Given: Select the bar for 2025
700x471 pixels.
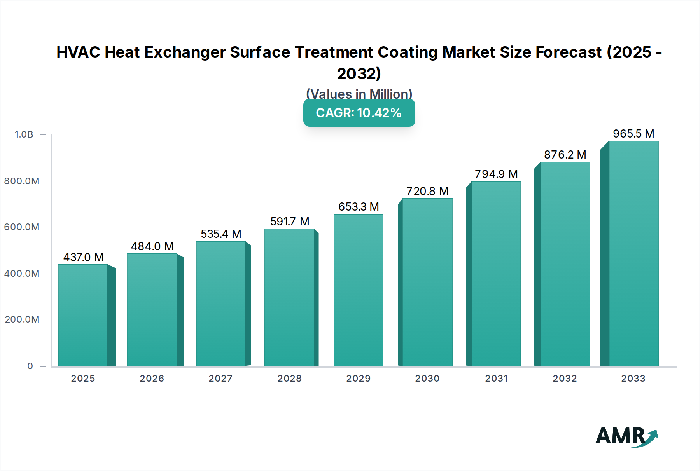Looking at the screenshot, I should pyautogui.click(x=83, y=315).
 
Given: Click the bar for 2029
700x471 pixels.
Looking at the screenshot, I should pyautogui.click(x=358, y=290).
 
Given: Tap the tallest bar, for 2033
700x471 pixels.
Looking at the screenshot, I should pyautogui.click(x=633, y=253).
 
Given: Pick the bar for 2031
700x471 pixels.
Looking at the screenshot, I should pyautogui.click(x=496, y=274).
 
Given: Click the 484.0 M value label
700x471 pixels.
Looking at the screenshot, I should pyautogui.click(x=152, y=246).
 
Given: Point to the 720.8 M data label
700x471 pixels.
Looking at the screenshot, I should pyautogui.click(x=427, y=191).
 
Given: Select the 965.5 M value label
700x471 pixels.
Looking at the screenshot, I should pyautogui.click(x=633, y=134).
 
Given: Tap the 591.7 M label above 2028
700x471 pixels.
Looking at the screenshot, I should pyautogui.click(x=290, y=222).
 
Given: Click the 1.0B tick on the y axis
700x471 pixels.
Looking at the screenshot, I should pyautogui.click(x=24, y=134).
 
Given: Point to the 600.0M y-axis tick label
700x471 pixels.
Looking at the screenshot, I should pyautogui.click(x=22, y=227).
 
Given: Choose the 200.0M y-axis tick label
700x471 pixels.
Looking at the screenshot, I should pyautogui.click(x=22, y=319).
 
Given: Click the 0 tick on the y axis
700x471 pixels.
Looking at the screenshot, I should pyautogui.click(x=30, y=366).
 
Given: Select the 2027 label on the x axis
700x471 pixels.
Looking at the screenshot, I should pyautogui.click(x=220, y=379).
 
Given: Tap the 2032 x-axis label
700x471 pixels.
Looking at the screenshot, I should pyautogui.click(x=565, y=379).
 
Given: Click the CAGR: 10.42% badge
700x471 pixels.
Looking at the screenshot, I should pyautogui.click(x=359, y=113).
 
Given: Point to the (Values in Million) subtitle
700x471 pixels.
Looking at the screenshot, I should pyautogui.click(x=359, y=94).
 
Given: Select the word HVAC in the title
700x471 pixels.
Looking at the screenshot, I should pyautogui.click(x=78, y=52).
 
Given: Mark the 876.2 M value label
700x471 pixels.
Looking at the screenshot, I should pyautogui.click(x=565, y=155).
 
